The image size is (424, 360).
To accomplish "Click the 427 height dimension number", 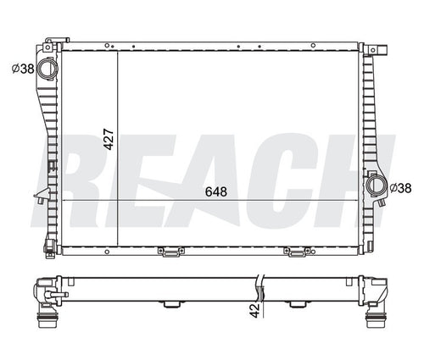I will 108,140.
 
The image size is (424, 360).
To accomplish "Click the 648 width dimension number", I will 215,192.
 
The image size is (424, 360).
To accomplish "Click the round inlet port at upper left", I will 48,68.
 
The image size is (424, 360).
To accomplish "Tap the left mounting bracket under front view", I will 170,251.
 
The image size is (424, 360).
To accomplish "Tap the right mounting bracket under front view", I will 297,251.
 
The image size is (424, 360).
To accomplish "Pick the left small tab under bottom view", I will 170,304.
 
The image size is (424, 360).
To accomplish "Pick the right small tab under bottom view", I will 297,304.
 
